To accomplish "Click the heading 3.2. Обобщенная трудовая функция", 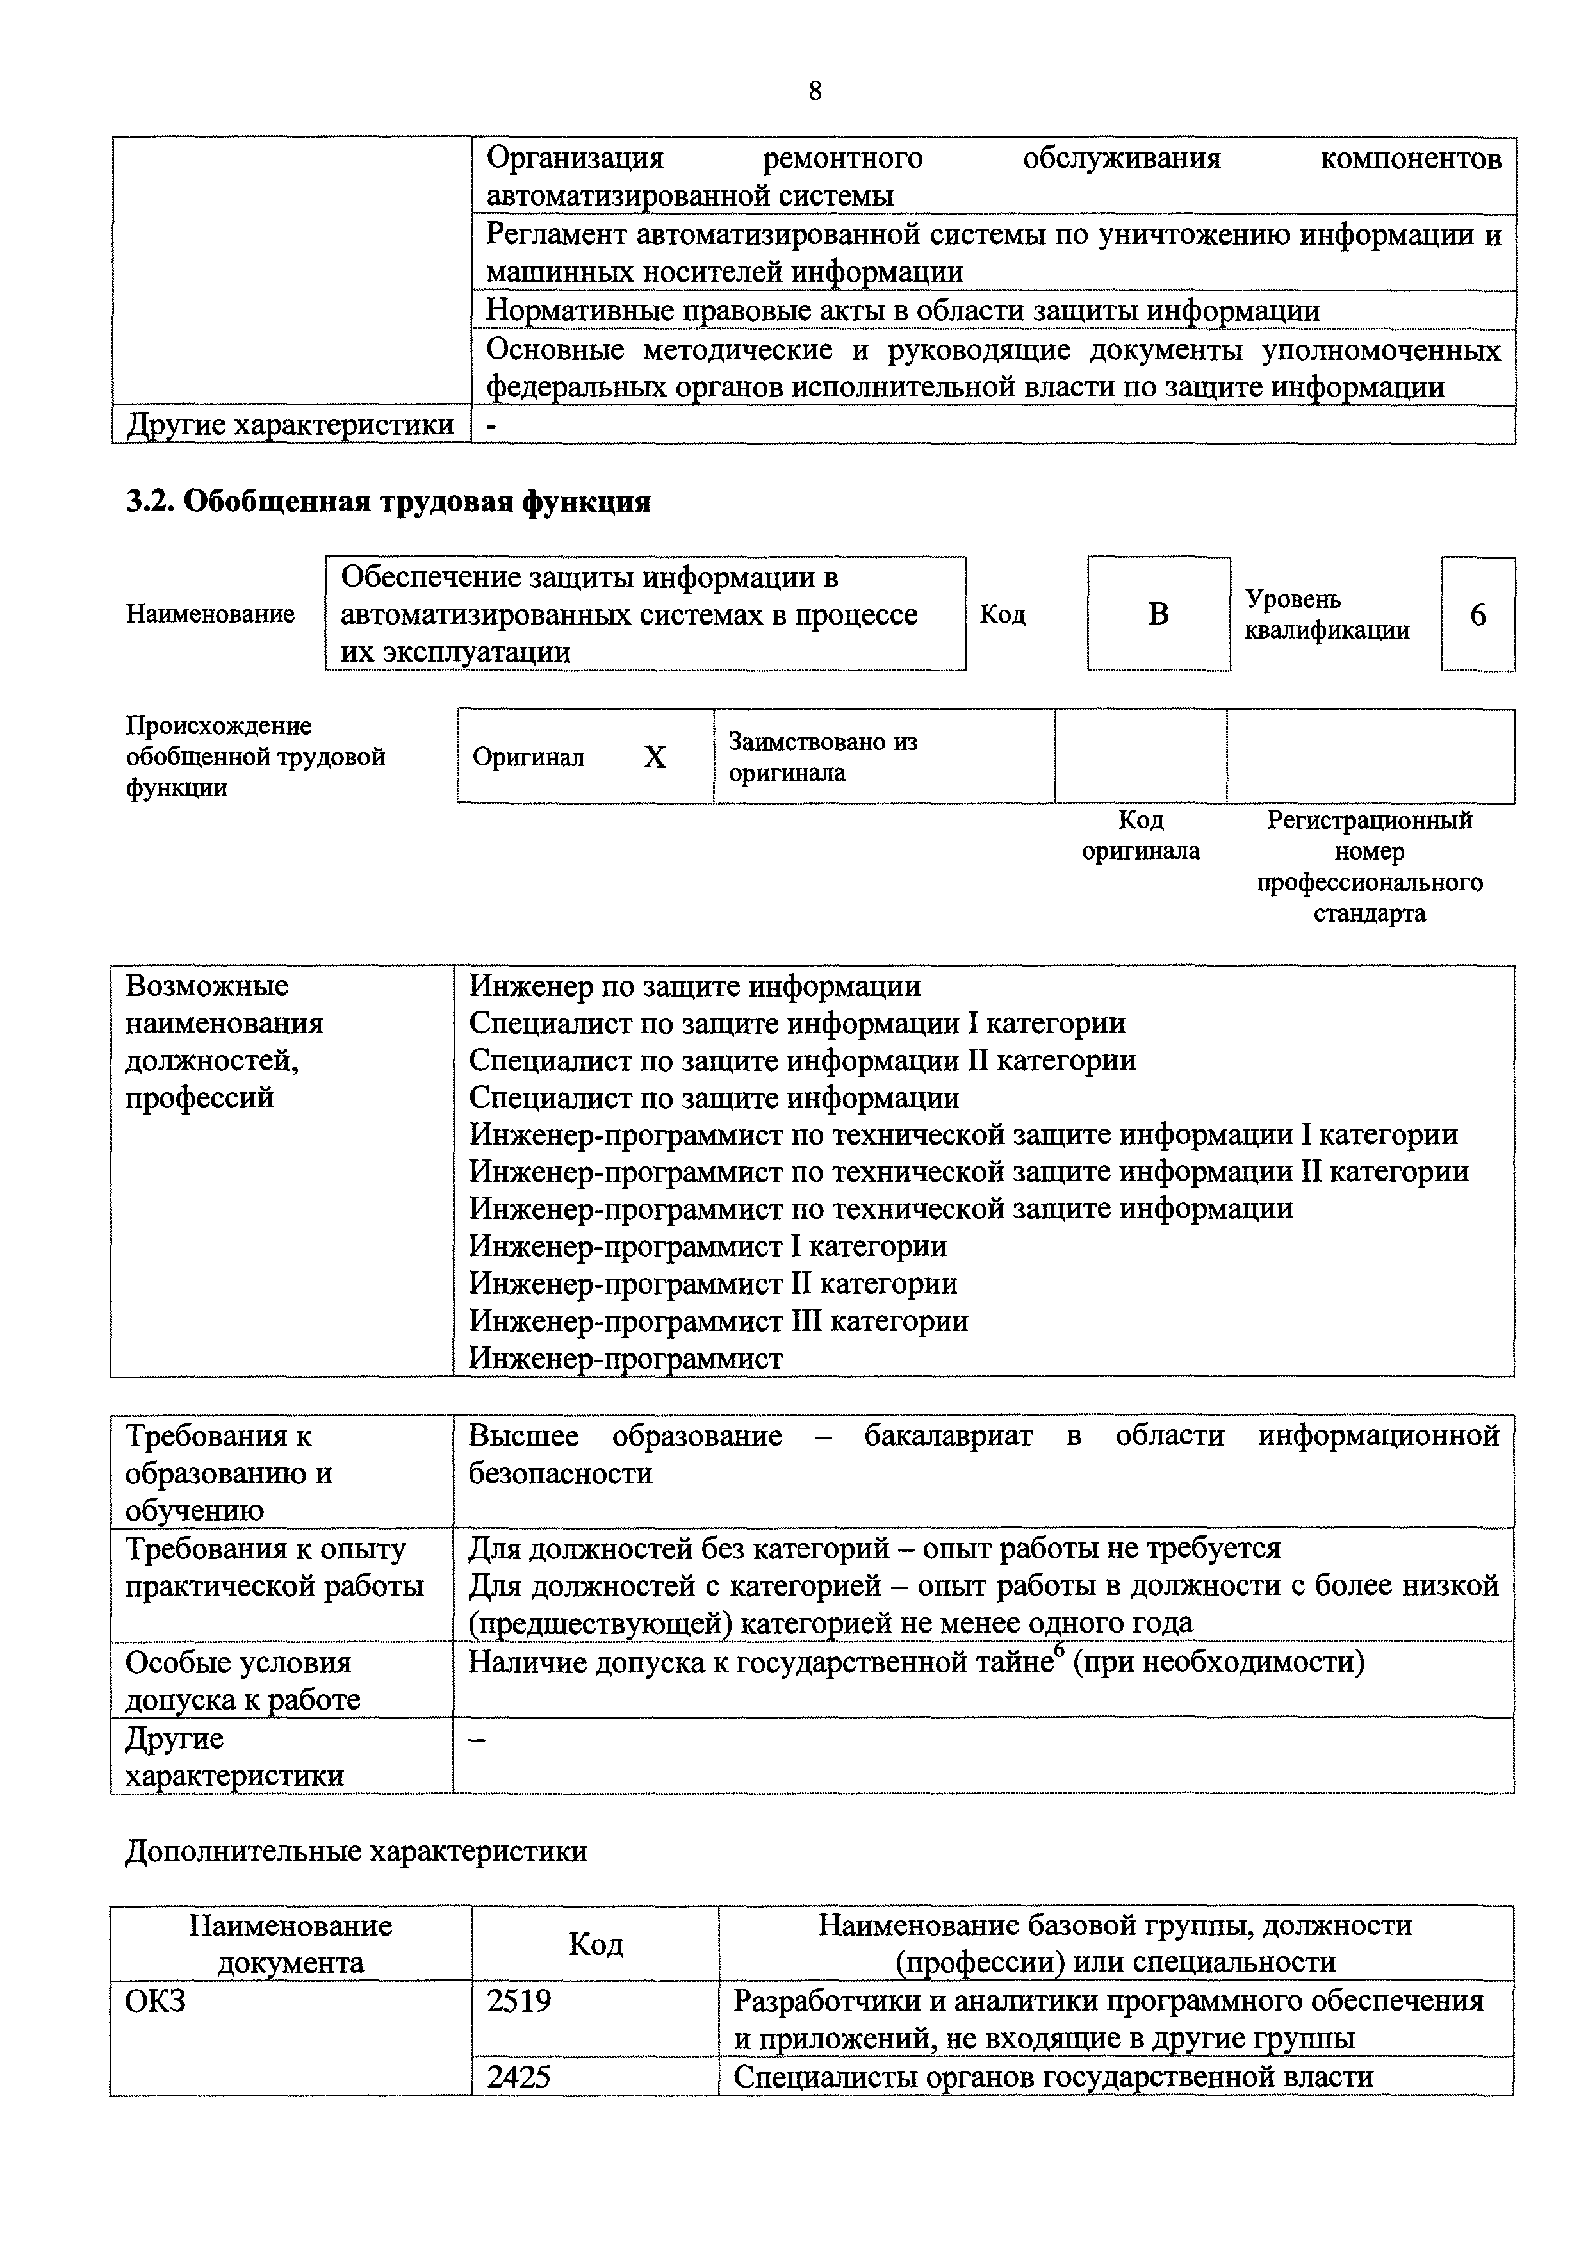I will tap(388, 502).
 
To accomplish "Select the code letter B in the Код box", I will tap(1158, 615).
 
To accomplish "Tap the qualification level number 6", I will tap(1477, 616).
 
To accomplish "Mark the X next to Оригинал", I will tap(655, 756).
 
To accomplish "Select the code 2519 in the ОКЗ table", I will tap(519, 2002).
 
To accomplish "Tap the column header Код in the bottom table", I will tap(595, 1945).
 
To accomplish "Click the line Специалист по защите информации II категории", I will tap(801, 1061).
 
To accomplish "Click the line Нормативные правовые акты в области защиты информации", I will tap(902, 311).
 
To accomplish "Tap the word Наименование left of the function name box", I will tap(210, 615).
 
